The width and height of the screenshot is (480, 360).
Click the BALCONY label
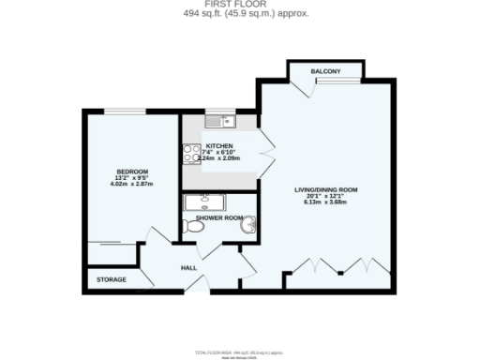point(326,72)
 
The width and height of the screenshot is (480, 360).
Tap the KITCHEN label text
point(219,146)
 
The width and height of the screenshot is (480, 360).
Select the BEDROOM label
point(127,170)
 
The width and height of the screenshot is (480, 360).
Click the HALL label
point(188,268)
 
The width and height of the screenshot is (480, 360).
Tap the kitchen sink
point(217,121)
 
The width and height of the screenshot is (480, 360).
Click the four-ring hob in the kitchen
point(189,153)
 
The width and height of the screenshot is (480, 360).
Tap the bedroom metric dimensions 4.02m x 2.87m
point(127,184)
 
